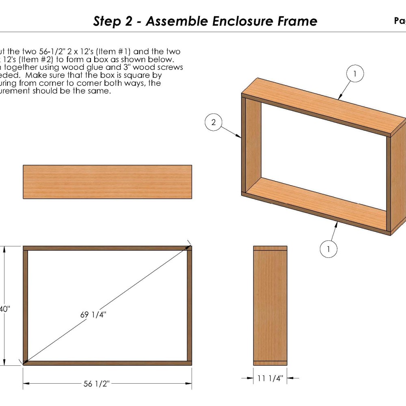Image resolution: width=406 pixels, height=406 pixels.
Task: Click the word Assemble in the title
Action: (177, 21)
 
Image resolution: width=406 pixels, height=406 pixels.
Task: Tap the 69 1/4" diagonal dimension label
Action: (94, 314)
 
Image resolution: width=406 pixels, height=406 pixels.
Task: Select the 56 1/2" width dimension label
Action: (97, 384)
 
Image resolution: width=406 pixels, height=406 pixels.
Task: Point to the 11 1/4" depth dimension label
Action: (270, 378)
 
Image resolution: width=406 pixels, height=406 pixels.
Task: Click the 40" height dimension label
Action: (5, 309)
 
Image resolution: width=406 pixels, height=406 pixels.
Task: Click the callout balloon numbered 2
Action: (214, 122)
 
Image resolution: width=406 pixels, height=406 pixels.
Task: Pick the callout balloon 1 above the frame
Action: (355, 74)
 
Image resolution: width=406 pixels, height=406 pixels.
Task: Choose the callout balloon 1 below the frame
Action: (328, 249)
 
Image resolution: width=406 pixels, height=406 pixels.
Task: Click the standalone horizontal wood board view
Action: (107, 182)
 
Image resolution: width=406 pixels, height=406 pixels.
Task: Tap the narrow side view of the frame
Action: (270, 305)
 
